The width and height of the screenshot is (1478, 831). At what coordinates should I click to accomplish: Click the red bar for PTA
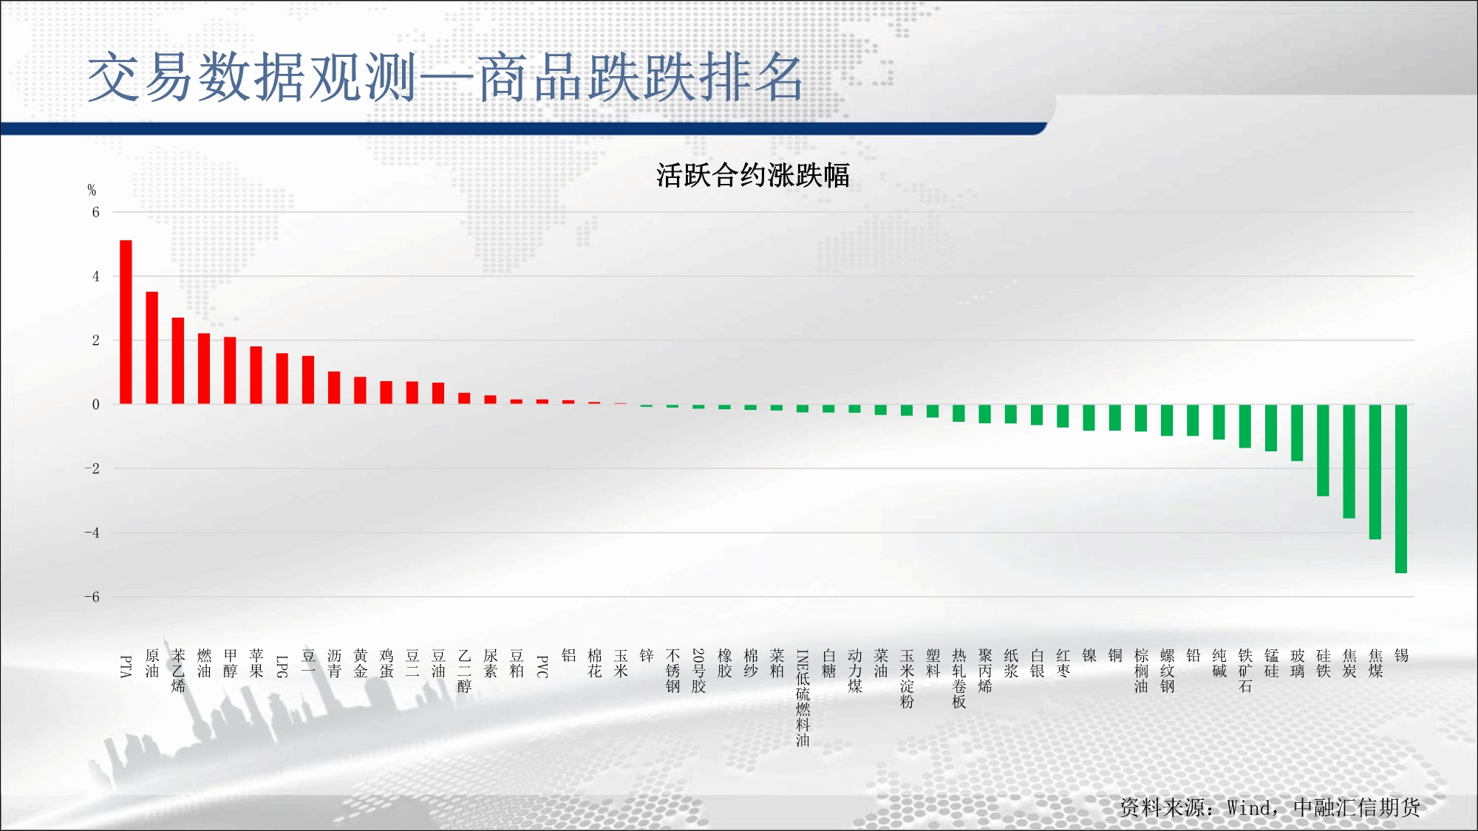pos(126,322)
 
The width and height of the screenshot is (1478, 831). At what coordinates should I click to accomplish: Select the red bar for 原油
pos(151,348)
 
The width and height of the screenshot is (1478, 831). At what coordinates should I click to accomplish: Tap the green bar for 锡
pos(1400,488)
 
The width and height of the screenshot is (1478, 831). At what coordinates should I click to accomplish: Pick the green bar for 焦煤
pos(1375,471)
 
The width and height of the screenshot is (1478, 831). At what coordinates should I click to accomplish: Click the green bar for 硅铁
pos(1323,450)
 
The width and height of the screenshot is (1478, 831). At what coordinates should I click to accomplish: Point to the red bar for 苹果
pos(256,375)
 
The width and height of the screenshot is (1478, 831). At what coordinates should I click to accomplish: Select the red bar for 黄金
pos(360,390)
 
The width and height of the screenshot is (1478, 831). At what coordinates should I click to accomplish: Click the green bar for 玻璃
pos(1297,432)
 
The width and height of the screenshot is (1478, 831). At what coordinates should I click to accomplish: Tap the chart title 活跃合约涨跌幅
pos(753,175)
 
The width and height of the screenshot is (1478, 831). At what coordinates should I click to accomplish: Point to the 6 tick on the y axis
pos(95,212)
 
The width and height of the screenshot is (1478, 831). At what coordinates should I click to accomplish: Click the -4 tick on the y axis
pos(92,533)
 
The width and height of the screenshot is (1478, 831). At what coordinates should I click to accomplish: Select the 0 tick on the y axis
pos(95,404)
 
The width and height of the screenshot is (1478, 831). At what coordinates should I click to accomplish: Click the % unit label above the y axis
pos(92,190)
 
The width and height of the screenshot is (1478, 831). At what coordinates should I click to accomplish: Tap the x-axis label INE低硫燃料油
pos(803,698)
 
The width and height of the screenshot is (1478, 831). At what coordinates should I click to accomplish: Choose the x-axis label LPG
pos(282,666)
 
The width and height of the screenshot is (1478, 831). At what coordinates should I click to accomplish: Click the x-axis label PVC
pos(542,666)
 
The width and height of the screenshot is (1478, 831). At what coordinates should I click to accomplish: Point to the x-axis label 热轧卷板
pos(958,679)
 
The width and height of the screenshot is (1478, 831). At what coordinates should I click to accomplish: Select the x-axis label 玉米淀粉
pos(907,679)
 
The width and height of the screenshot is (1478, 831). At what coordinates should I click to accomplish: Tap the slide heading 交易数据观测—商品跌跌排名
pos(446,77)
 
